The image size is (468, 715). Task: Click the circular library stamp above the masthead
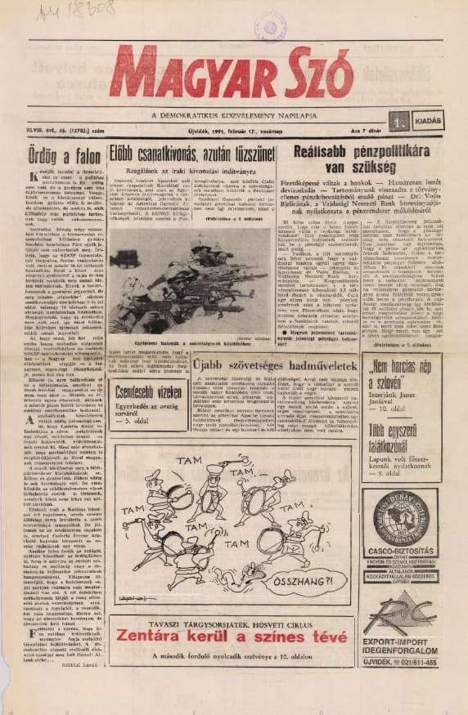[270, 27]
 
